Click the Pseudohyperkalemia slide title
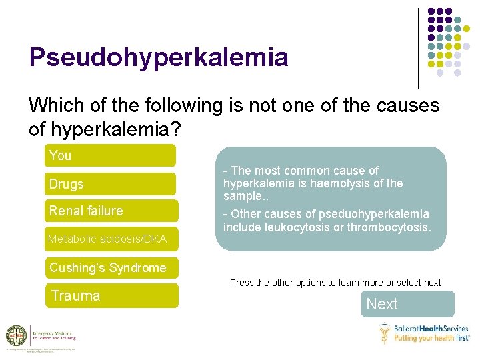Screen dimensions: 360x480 [159, 57]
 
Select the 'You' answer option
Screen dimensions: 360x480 [110, 155]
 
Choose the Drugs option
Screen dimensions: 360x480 [110, 184]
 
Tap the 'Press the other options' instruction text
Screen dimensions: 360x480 [335, 283]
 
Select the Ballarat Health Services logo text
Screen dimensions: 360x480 [431, 329]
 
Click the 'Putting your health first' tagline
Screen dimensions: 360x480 [431, 338]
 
